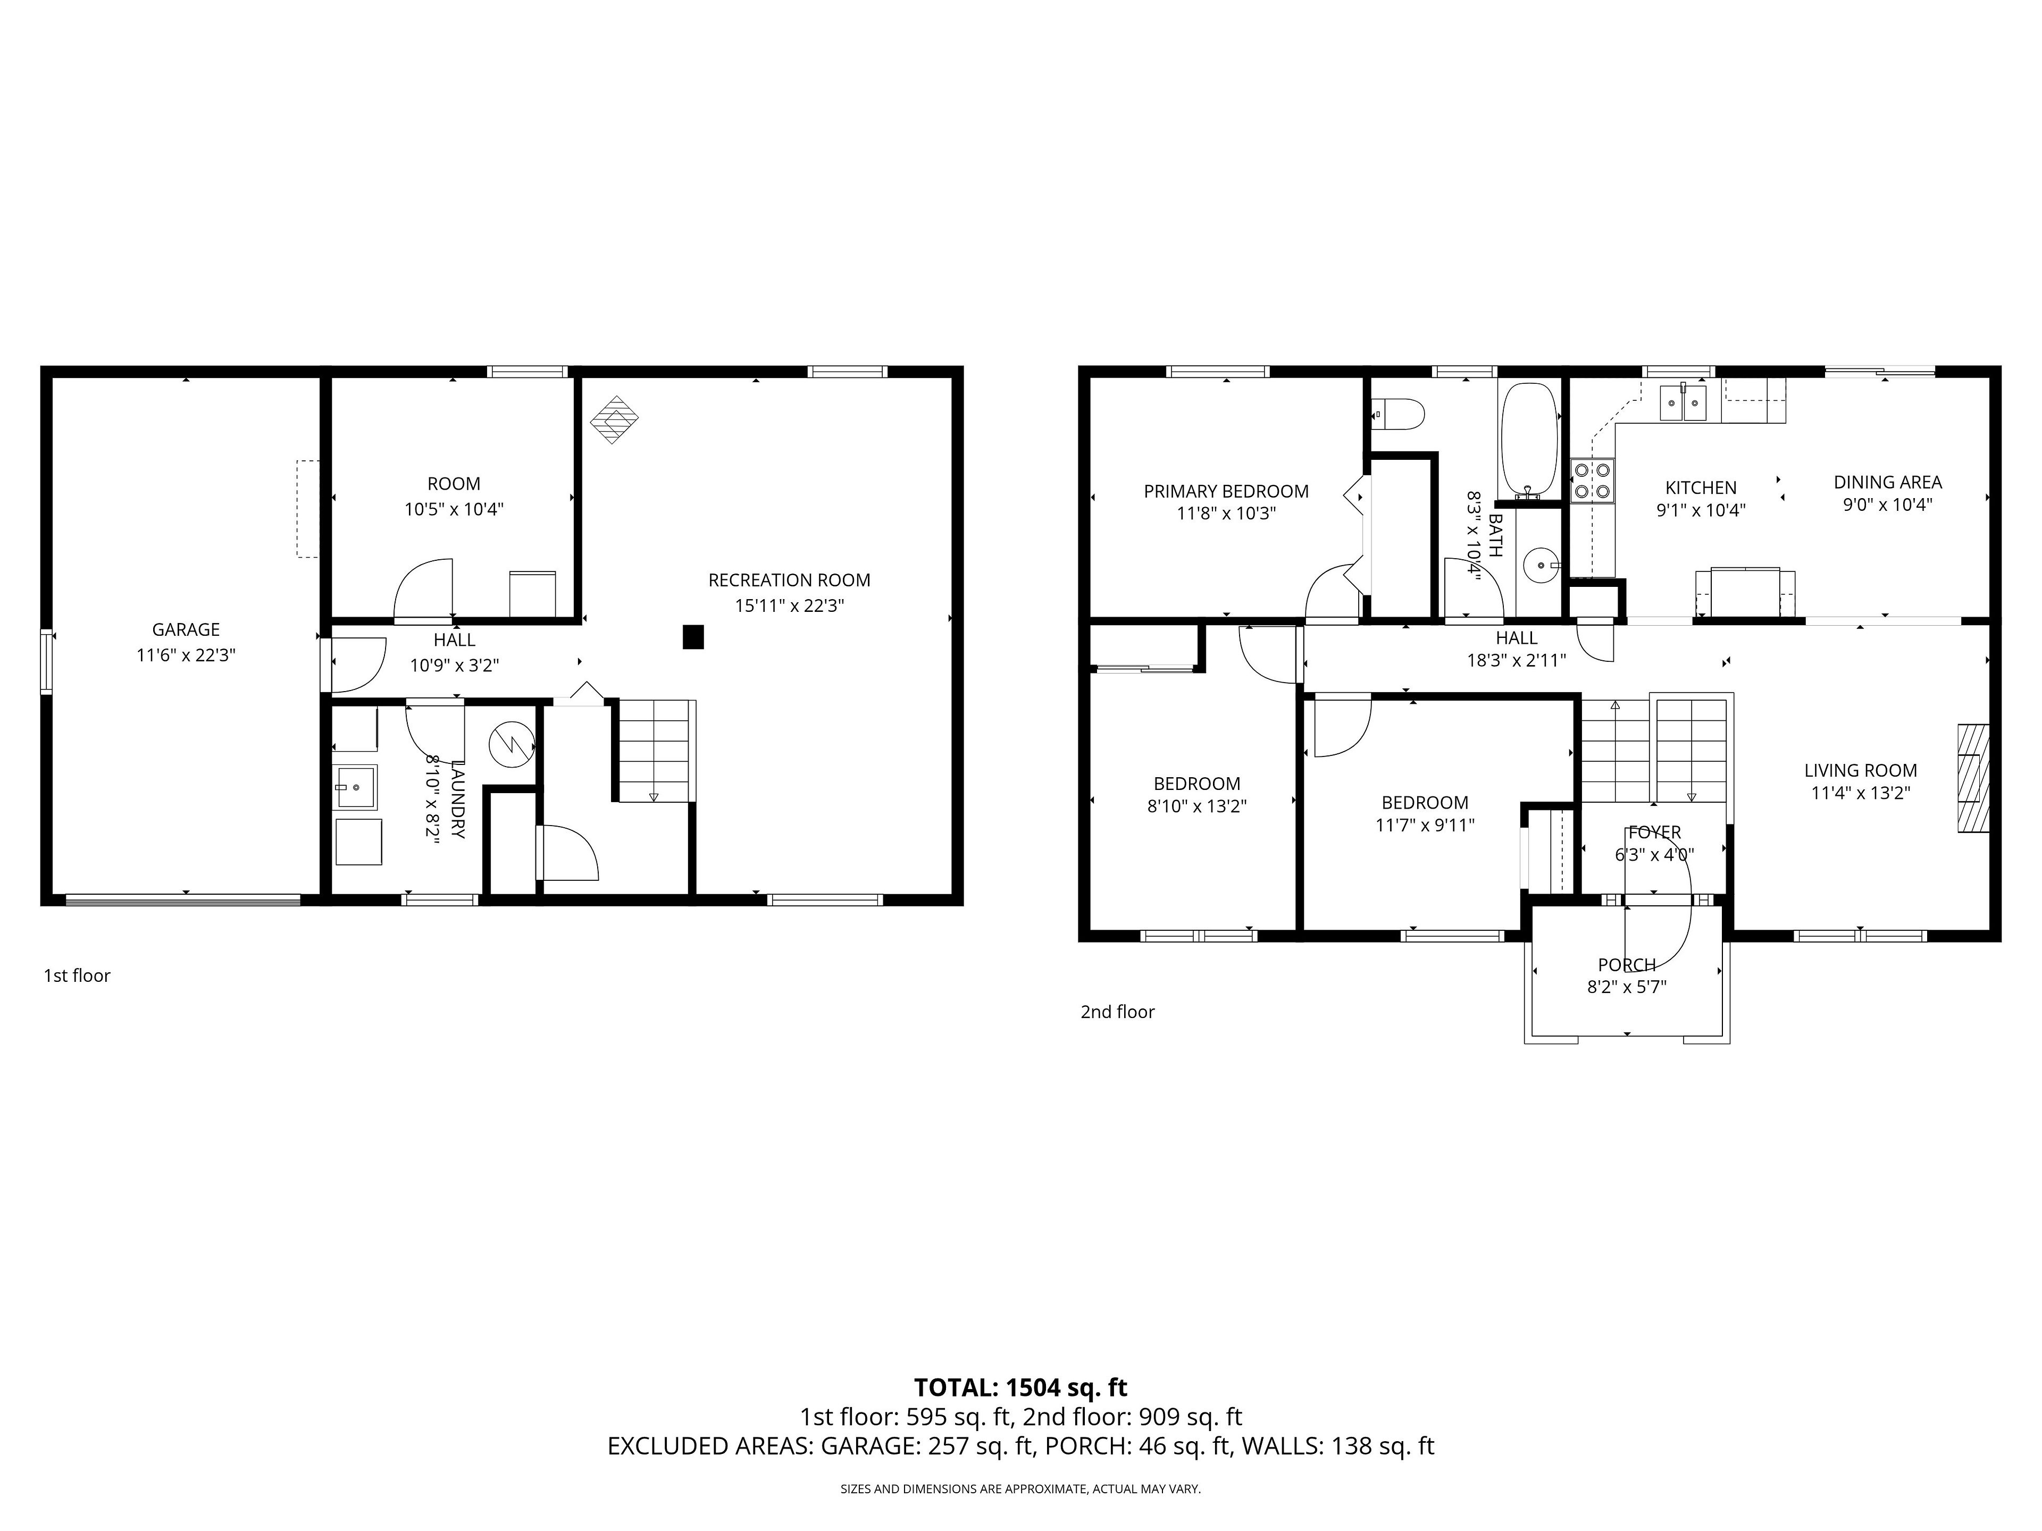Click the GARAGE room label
coord(186,629)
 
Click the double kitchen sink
coord(1683,402)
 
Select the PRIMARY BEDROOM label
coord(1226,492)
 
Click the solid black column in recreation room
coord(693,637)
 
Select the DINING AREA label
coord(1888,482)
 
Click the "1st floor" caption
coord(77,975)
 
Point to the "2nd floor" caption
coord(1118,1012)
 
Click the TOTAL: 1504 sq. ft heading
coord(1021,1388)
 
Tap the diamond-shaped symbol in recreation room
coord(615,420)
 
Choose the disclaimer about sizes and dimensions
coord(1020,1488)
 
